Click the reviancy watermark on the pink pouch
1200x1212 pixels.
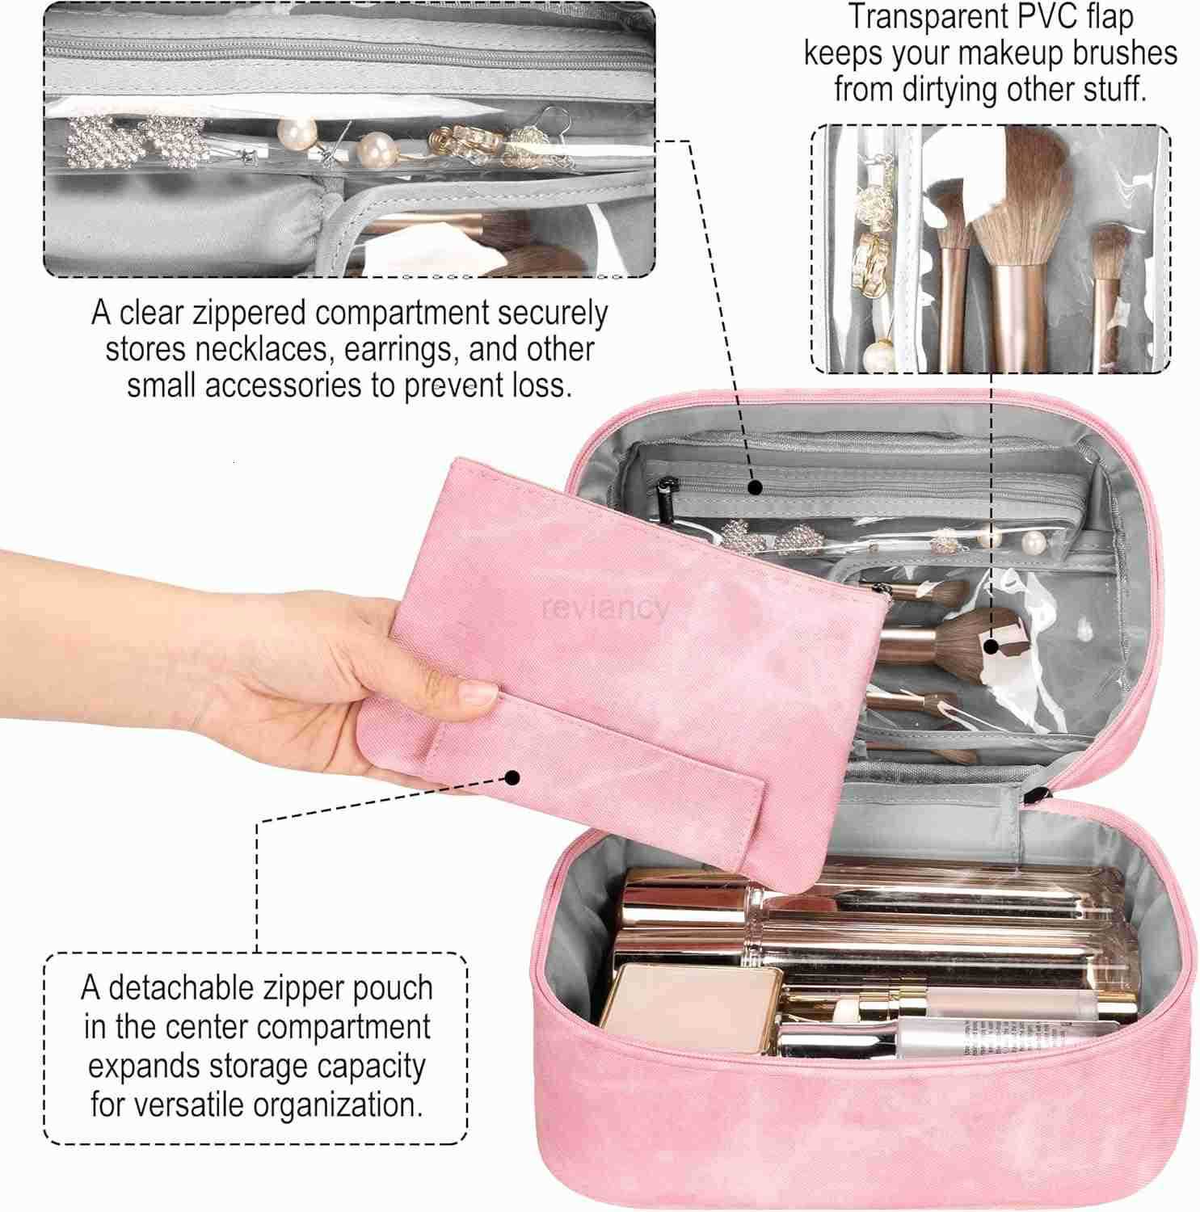tap(606, 608)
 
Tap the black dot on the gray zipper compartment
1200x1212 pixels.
tap(754, 487)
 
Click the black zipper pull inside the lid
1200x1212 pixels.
tap(667, 493)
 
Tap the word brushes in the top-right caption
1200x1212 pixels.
tap(1125, 53)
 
